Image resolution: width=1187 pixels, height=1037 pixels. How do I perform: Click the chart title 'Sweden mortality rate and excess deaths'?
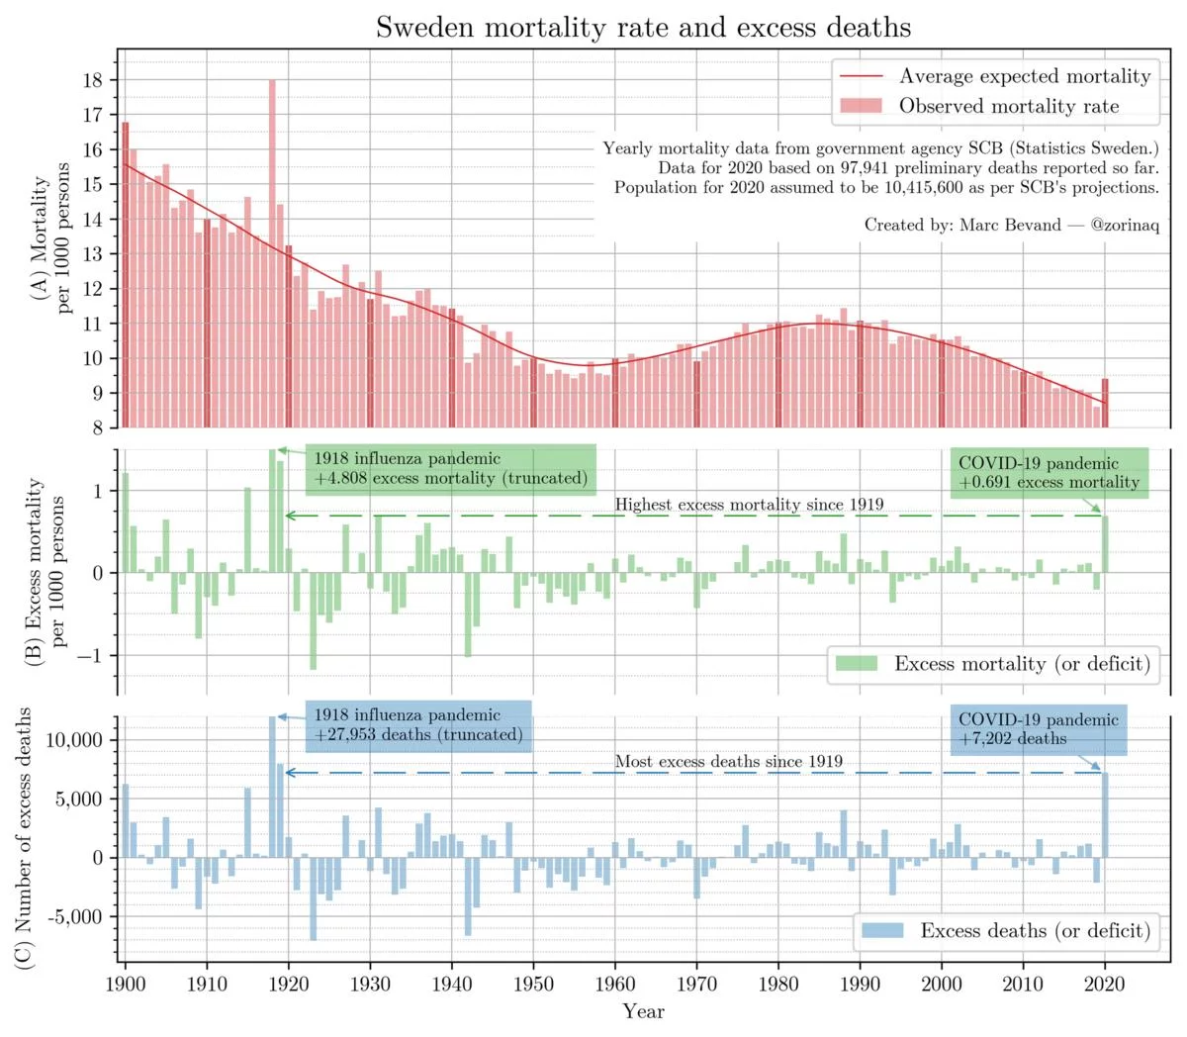(x=643, y=27)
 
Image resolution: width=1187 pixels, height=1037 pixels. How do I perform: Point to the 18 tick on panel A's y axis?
(x=93, y=80)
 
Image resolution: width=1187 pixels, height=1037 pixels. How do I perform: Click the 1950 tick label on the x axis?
(x=533, y=983)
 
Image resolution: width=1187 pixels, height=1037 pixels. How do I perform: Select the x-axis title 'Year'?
(x=643, y=1011)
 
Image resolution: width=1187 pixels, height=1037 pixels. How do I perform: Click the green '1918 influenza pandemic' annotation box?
(x=451, y=468)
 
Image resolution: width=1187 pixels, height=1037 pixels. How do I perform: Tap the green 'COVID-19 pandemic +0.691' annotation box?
(x=1050, y=472)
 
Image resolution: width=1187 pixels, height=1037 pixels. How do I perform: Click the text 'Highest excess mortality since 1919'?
(x=749, y=505)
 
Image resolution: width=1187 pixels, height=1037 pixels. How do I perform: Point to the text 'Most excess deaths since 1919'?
(x=729, y=761)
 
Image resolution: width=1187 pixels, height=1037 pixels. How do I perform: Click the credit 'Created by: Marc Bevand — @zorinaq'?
(x=1011, y=225)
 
